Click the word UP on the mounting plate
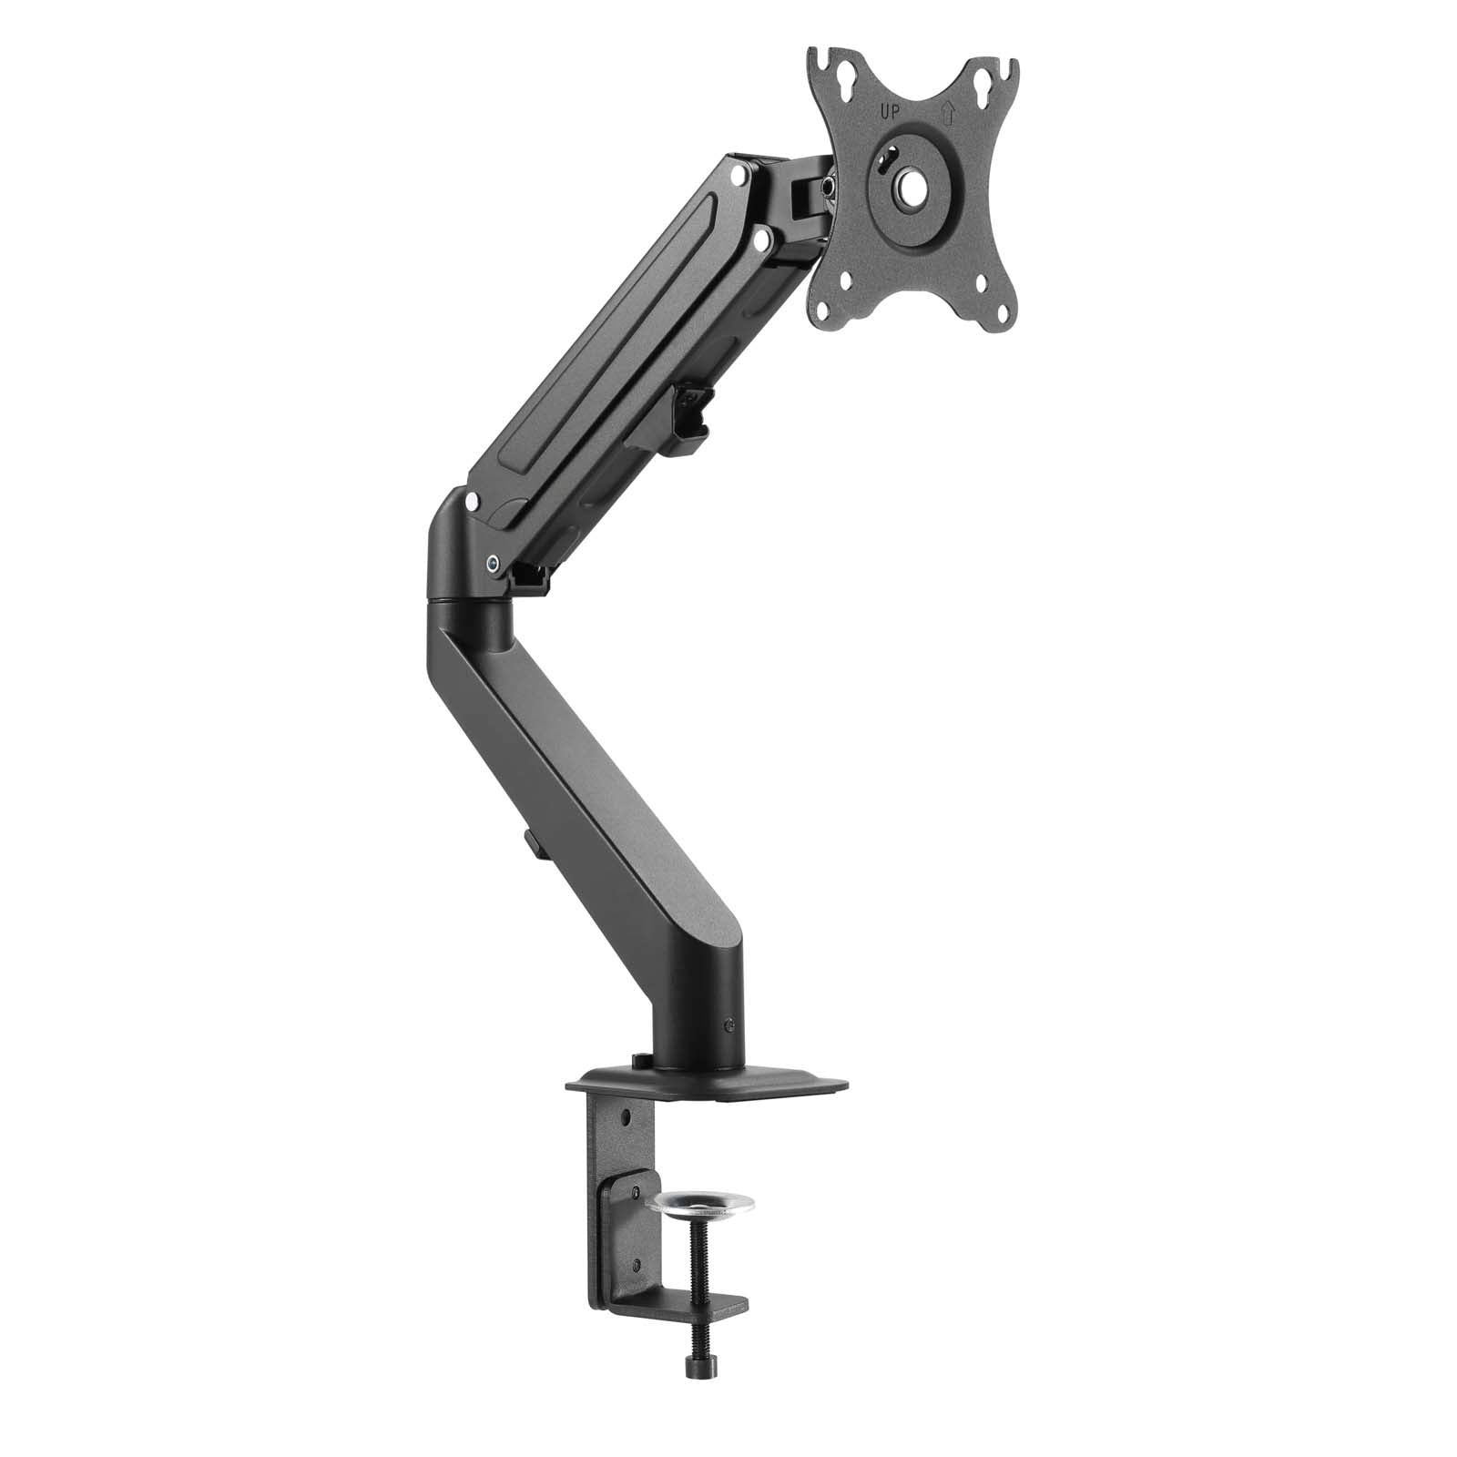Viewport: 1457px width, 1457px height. point(890,112)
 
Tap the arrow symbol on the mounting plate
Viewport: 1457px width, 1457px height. point(947,112)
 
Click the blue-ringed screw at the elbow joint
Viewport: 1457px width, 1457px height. point(493,563)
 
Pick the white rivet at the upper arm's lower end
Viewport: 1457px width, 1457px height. point(471,500)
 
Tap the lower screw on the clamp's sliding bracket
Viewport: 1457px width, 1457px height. point(636,1263)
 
